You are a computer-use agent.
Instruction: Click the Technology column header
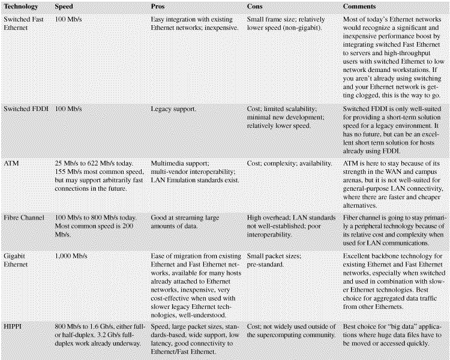pos(21,7)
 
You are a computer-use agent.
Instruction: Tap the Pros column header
pos(157,7)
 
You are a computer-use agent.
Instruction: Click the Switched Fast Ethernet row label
pos(26,23)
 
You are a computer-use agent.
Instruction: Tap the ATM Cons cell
pos(289,163)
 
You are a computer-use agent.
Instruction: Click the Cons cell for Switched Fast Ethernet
pos(286,23)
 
